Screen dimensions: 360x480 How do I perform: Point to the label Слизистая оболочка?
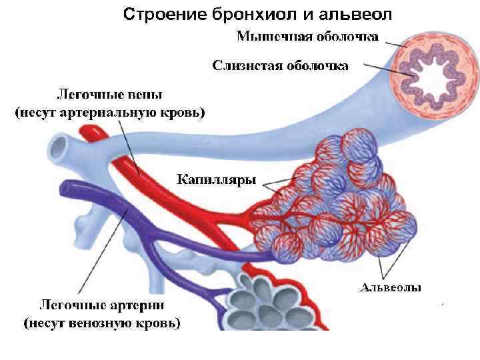point(280,65)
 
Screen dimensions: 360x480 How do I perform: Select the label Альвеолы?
point(391,288)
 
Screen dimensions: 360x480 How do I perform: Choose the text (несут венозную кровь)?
point(102,325)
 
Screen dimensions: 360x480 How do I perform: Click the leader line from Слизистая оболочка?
point(380,67)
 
